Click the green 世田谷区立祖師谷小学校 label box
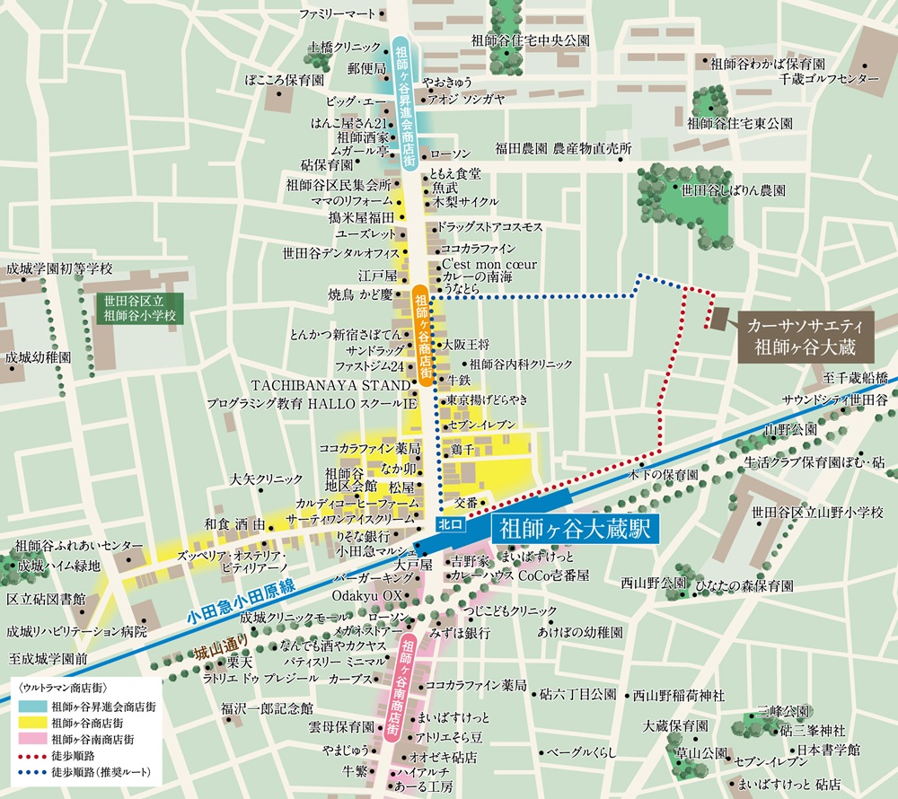[138, 308]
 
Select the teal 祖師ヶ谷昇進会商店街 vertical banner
[404, 101]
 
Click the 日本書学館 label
[829, 748]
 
